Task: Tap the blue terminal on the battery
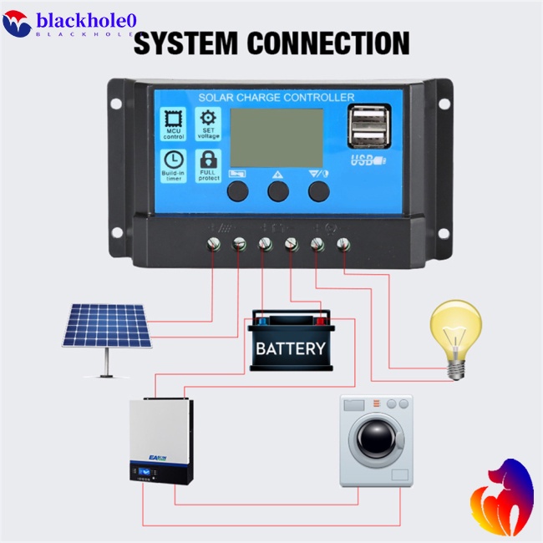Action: pos(262,319)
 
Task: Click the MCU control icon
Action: pos(175,119)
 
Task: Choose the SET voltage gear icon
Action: pos(208,119)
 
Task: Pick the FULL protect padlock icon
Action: pos(208,160)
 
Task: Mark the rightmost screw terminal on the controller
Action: pos(343,244)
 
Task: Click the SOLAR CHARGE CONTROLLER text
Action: pos(277,98)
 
